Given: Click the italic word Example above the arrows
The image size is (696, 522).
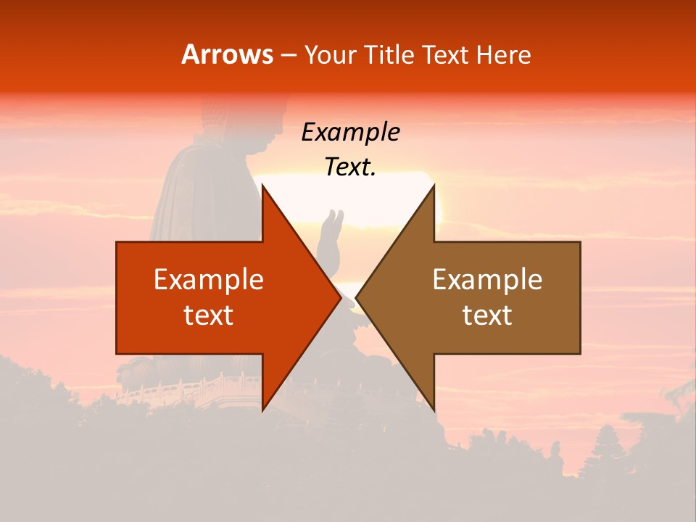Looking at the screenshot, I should tap(350, 133).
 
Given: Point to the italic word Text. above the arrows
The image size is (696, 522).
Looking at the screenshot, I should tap(350, 167).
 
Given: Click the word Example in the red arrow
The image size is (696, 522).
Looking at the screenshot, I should tap(209, 280).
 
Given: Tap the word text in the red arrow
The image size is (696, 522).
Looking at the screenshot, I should tap(209, 315).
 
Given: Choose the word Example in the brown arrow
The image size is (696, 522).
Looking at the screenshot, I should tap(487, 280).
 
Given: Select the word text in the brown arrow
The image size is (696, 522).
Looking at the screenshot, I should tap(487, 315).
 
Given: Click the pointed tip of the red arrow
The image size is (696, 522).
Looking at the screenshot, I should tap(340, 297).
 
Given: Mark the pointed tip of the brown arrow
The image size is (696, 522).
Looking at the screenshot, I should tap(357, 297).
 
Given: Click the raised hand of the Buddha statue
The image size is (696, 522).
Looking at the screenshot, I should tap(332, 225).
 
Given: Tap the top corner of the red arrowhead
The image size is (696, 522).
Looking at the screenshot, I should tap(262, 186).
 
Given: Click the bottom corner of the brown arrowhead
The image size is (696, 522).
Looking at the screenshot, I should tap(434, 409).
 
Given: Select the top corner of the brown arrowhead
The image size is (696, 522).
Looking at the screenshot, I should tap(434, 186).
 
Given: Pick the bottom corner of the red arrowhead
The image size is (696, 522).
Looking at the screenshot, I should tap(262, 409).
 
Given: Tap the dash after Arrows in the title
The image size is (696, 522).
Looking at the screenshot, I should tap(288, 56).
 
